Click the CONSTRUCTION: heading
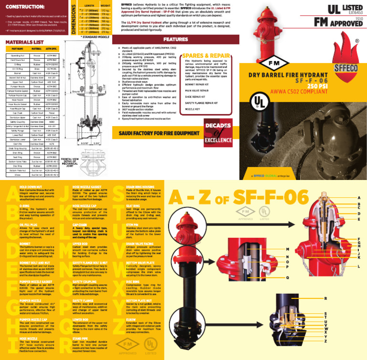[x=22, y=6]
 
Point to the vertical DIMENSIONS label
[x=74, y=18]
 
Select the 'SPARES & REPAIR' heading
[x=205, y=55]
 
